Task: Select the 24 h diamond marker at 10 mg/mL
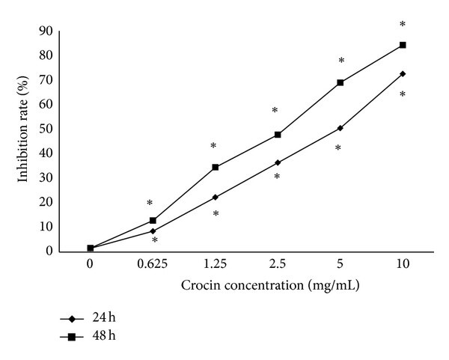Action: pyautogui.click(x=403, y=73)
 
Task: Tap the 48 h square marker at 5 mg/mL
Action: pyautogui.click(x=340, y=82)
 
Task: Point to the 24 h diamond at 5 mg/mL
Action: pyautogui.click(x=340, y=128)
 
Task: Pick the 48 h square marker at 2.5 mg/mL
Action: pyautogui.click(x=278, y=135)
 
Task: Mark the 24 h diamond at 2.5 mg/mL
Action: pyautogui.click(x=278, y=162)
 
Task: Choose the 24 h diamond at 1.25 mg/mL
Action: pyautogui.click(x=216, y=197)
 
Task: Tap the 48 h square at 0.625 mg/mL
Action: pyautogui.click(x=153, y=220)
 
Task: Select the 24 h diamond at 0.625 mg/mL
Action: pyautogui.click(x=153, y=231)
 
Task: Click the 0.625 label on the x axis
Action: pyautogui.click(x=153, y=263)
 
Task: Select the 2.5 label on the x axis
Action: pyautogui.click(x=278, y=263)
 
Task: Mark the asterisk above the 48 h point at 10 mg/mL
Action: pyautogui.click(x=403, y=25)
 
